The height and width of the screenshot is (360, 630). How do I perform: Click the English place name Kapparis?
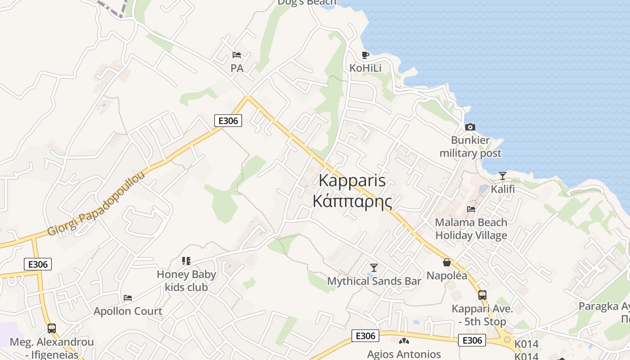point(352,180)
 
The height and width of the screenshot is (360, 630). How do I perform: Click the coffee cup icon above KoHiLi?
point(365,55)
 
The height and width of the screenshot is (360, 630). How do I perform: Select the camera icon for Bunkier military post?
point(470,127)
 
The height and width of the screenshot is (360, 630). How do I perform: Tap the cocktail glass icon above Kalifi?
point(503,175)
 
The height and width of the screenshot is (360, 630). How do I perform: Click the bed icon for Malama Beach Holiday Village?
point(471,209)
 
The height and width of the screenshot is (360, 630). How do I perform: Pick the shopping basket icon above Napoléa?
point(447,262)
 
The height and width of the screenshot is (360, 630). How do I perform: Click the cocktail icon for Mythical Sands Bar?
point(373,267)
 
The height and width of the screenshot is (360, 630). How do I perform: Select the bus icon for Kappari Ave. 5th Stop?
point(482,295)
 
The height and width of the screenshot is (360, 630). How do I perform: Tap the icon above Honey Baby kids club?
point(186,261)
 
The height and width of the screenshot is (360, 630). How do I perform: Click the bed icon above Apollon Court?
point(128,297)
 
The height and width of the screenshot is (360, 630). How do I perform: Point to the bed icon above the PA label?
point(237,55)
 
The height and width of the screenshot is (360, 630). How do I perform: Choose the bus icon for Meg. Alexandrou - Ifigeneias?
point(52,328)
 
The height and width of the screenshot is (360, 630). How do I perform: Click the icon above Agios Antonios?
point(404,341)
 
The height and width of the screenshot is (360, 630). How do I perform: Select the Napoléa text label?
point(447,275)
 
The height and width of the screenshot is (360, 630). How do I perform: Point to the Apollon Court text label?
point(128,311)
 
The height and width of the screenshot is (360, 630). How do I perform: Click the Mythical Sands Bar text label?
point(374,281)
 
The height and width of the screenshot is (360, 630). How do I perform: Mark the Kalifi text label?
point(503,189)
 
